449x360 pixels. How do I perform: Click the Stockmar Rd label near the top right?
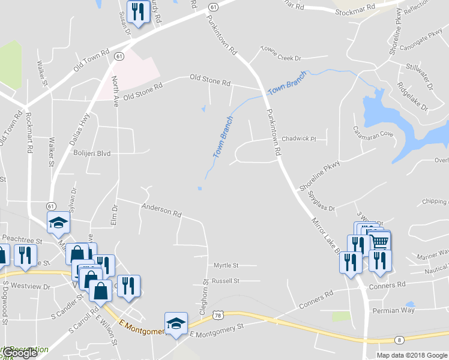(355, 11)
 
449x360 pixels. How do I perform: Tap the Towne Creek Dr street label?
(280, 58)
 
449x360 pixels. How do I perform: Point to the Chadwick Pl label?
(298, 138)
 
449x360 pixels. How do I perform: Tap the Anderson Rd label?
(161, 210)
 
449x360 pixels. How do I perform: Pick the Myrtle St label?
(226, 265)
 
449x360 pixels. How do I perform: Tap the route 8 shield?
(399, 340)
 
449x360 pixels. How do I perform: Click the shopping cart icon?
(381, 242)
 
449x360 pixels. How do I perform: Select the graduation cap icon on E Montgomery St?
(175, 323)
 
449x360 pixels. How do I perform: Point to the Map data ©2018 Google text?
(412, 355)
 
